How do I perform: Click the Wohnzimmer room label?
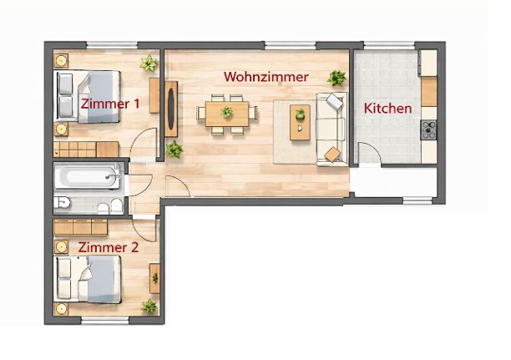tap(266, 77)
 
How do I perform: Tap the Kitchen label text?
tap(387, 109)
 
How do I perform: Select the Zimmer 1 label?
tap(110, 104)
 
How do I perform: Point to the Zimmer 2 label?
tap(109, 247)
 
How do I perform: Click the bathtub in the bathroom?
tap(88, 176)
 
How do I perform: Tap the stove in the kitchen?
tap(428, 129)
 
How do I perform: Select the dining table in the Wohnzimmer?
tap(227, 114)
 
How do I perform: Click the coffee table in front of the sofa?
tap(300, 122)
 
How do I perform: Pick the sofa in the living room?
tap(331, 129)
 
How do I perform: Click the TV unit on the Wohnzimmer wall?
tap(171, 109)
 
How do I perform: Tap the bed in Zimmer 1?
tap(88, 97)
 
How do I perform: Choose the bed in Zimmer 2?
tap(88, 279)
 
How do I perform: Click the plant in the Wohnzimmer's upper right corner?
tap(336, 78)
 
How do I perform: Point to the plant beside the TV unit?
tap(175, 150)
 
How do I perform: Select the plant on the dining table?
tap(227, 113)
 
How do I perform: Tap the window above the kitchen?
tap(389, 45)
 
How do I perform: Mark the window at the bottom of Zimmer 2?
tap(105, 320)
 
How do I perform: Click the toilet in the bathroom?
tap(62, 202)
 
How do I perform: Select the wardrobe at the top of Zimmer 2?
tap(80, 227)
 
